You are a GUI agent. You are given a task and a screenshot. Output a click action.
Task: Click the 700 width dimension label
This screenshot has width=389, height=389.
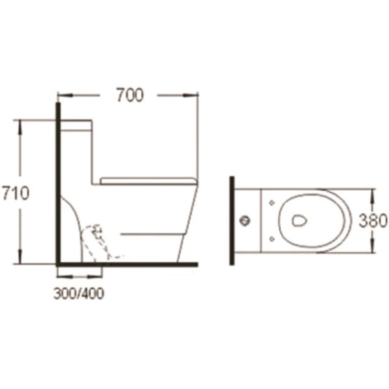click(x=130, y=95)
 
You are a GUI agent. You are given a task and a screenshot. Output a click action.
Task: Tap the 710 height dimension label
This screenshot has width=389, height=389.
click(x=15, y=193)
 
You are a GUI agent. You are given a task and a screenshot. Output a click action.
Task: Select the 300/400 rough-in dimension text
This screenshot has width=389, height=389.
click(x=78, y=293)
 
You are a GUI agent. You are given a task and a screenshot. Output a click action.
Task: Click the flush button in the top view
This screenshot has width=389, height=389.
click(x=246, y=221)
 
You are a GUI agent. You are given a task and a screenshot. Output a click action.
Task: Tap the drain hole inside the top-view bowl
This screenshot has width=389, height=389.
click(x=298, y=220)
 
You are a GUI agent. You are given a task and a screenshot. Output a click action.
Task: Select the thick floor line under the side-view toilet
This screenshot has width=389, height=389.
click(x=130, y=265)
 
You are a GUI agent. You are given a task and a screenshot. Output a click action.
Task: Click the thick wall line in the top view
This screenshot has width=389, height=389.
click(x=231, y=220)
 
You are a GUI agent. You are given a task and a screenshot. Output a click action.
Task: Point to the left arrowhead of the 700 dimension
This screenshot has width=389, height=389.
click(x=63, y=95)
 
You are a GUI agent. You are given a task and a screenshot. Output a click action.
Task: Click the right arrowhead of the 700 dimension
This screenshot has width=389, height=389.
click(x=194, y=95)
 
